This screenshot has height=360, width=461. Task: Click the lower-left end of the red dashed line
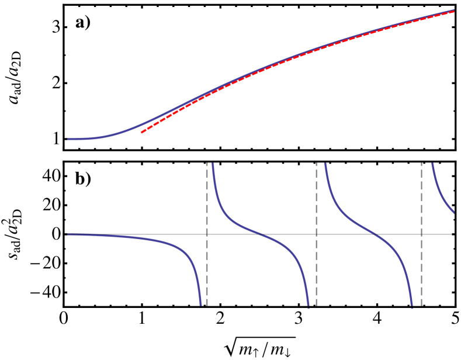pos(141,133)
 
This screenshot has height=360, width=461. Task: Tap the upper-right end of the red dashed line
pos(454,11)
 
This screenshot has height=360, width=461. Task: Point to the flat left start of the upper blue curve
pos(68,139)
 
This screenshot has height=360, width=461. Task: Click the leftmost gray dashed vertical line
pos(207,234)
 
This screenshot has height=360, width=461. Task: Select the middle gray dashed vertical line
pos(316,234)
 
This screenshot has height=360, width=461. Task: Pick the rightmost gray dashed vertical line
pos(421,234)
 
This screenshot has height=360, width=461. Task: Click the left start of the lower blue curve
pos(68,234)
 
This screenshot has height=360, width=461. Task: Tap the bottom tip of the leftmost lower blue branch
pos(200,305)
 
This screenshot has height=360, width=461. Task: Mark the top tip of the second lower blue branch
pos(213,164)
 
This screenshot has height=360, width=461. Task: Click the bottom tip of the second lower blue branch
pos(308,305)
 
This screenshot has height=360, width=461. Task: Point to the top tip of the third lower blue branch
pos(325,164)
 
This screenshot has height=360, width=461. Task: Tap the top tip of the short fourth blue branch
pos(432,164)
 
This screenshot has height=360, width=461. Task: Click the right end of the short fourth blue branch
pos(454,213)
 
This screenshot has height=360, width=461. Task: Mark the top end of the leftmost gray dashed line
pos(207,164)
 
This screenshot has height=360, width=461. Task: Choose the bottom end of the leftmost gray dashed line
pos(207,306)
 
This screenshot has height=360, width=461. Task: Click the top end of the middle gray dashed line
pos(316,164)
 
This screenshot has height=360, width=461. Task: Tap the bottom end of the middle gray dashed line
pos(316,306)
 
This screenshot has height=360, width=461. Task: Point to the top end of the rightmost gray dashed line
pos(421,164)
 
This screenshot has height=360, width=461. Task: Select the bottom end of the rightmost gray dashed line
pos(421,306)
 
